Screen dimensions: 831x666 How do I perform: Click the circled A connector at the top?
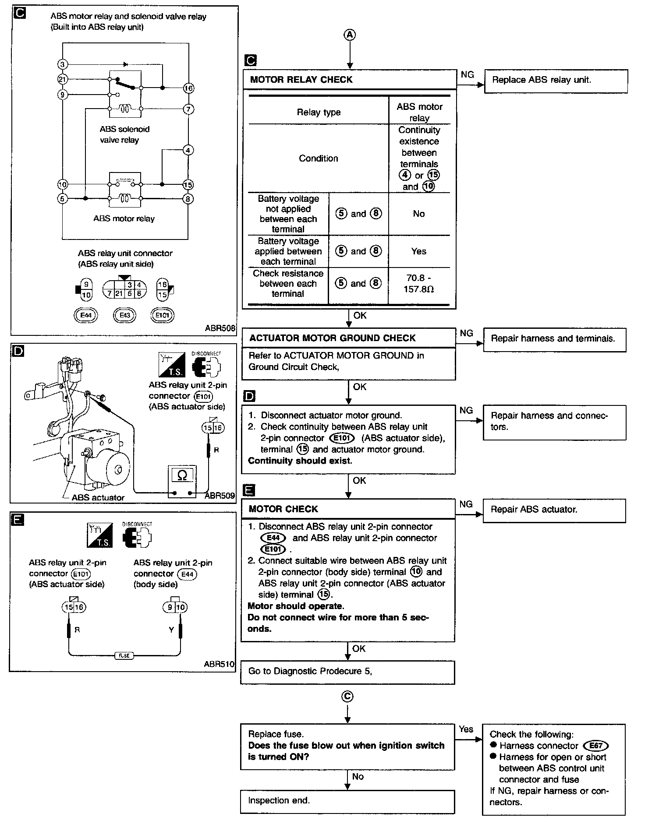click(349, 35)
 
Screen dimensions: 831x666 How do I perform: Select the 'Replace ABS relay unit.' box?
click(555, 81)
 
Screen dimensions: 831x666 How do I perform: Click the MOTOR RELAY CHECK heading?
click(301, 80)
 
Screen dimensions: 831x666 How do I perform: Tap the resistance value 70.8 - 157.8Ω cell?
click(418, 284)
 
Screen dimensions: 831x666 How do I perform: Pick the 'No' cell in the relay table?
click(418, 214)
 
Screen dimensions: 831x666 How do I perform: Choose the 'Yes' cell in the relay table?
click(418, 251)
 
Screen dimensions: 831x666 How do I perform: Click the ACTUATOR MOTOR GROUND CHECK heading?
click(332, 338)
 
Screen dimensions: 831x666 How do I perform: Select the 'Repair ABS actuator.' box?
click(554, 510)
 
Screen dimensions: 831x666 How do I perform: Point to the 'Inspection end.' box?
click(347, 801)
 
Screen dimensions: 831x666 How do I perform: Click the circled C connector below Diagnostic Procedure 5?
click(347, 697)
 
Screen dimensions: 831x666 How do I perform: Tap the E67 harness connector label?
click(596, 746)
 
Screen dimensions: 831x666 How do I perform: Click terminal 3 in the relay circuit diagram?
click(62, 65)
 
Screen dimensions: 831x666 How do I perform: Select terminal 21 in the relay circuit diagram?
click(62, 79)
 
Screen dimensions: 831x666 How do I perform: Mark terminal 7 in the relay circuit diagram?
click(188, 109)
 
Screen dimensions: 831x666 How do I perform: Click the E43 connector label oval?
click(124, 315)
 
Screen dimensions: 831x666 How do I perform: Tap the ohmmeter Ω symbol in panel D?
click(182, 475)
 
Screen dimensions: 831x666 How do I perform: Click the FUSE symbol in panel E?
click(124, 655)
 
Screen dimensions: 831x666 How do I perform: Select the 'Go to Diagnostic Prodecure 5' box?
click(347, 672)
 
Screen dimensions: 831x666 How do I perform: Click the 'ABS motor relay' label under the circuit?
click(124, 218)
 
